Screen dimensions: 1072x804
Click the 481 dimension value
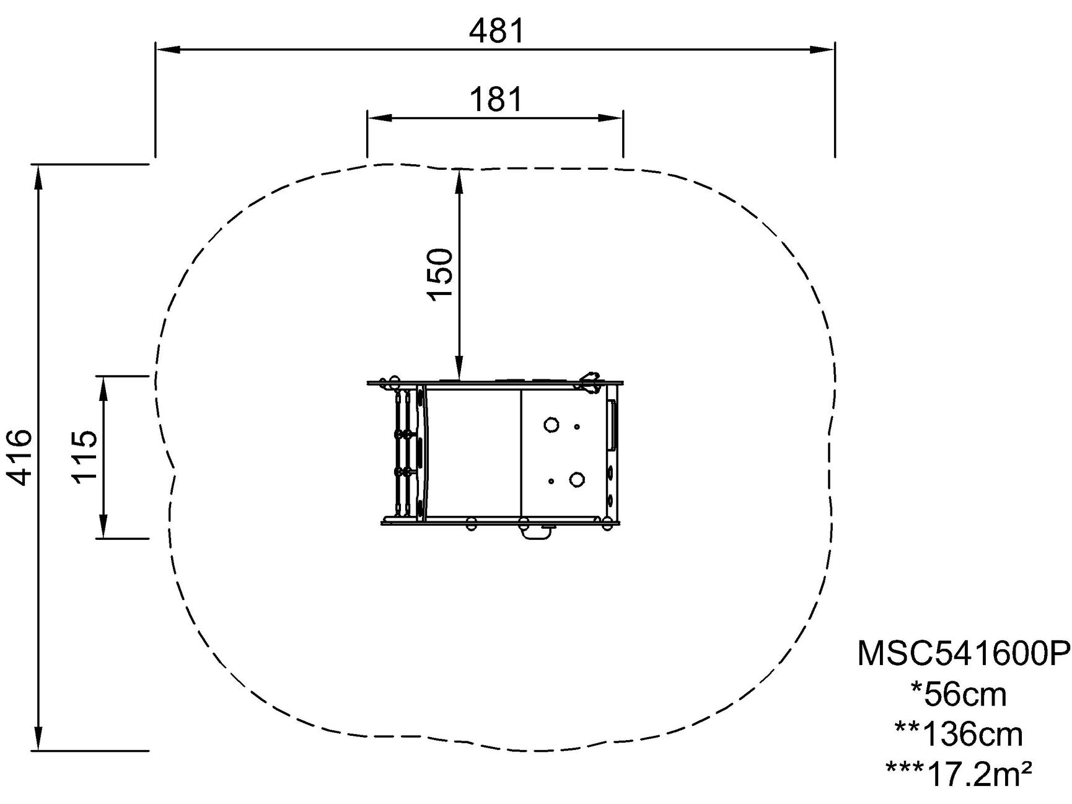[x=497, y=31]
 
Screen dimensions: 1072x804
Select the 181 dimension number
[x=496, y=99]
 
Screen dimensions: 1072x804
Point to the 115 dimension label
[x=85, y=456]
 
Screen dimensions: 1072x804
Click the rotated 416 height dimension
[x=18, y=457]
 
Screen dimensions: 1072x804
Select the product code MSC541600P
[x=964, y=653]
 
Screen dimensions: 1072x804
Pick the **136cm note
[x=959, y=735]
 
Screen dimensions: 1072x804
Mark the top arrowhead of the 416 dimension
[x=38, y=177]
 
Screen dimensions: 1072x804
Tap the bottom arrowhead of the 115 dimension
[x=104, y=526]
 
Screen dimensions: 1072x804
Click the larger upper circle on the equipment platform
[x=551, y=425]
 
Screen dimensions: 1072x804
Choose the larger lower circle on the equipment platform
[x=577, y=479]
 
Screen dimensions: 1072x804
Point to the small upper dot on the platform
[x=577, y=426]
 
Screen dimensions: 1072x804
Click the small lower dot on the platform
[x=551, y=481]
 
